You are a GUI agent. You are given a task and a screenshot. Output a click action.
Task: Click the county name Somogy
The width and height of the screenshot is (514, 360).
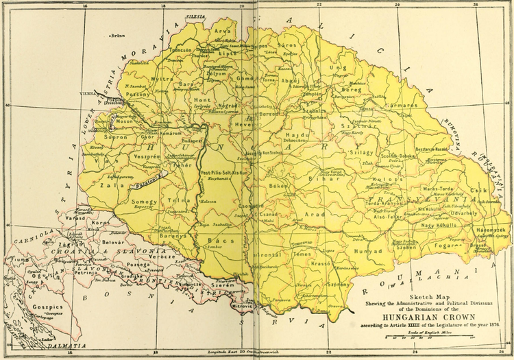coord(145,202)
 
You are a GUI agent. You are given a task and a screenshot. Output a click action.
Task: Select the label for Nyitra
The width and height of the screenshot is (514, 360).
coord(162,80)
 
